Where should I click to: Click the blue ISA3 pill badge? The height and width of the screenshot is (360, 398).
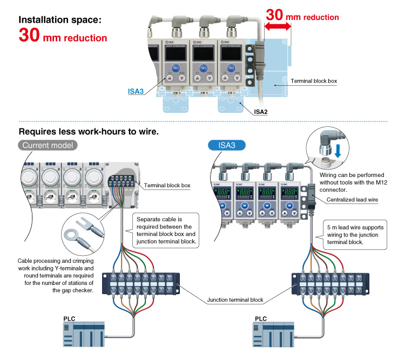(227, 145)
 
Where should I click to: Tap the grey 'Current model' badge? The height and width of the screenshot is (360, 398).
(49, 145)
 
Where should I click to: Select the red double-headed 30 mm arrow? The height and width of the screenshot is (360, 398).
(276, 24)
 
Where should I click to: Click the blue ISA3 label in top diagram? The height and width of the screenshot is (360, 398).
(136, 92)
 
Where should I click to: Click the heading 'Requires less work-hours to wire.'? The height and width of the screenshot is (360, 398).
(89, 131)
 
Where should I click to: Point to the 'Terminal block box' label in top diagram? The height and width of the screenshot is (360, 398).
(314, 81)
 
